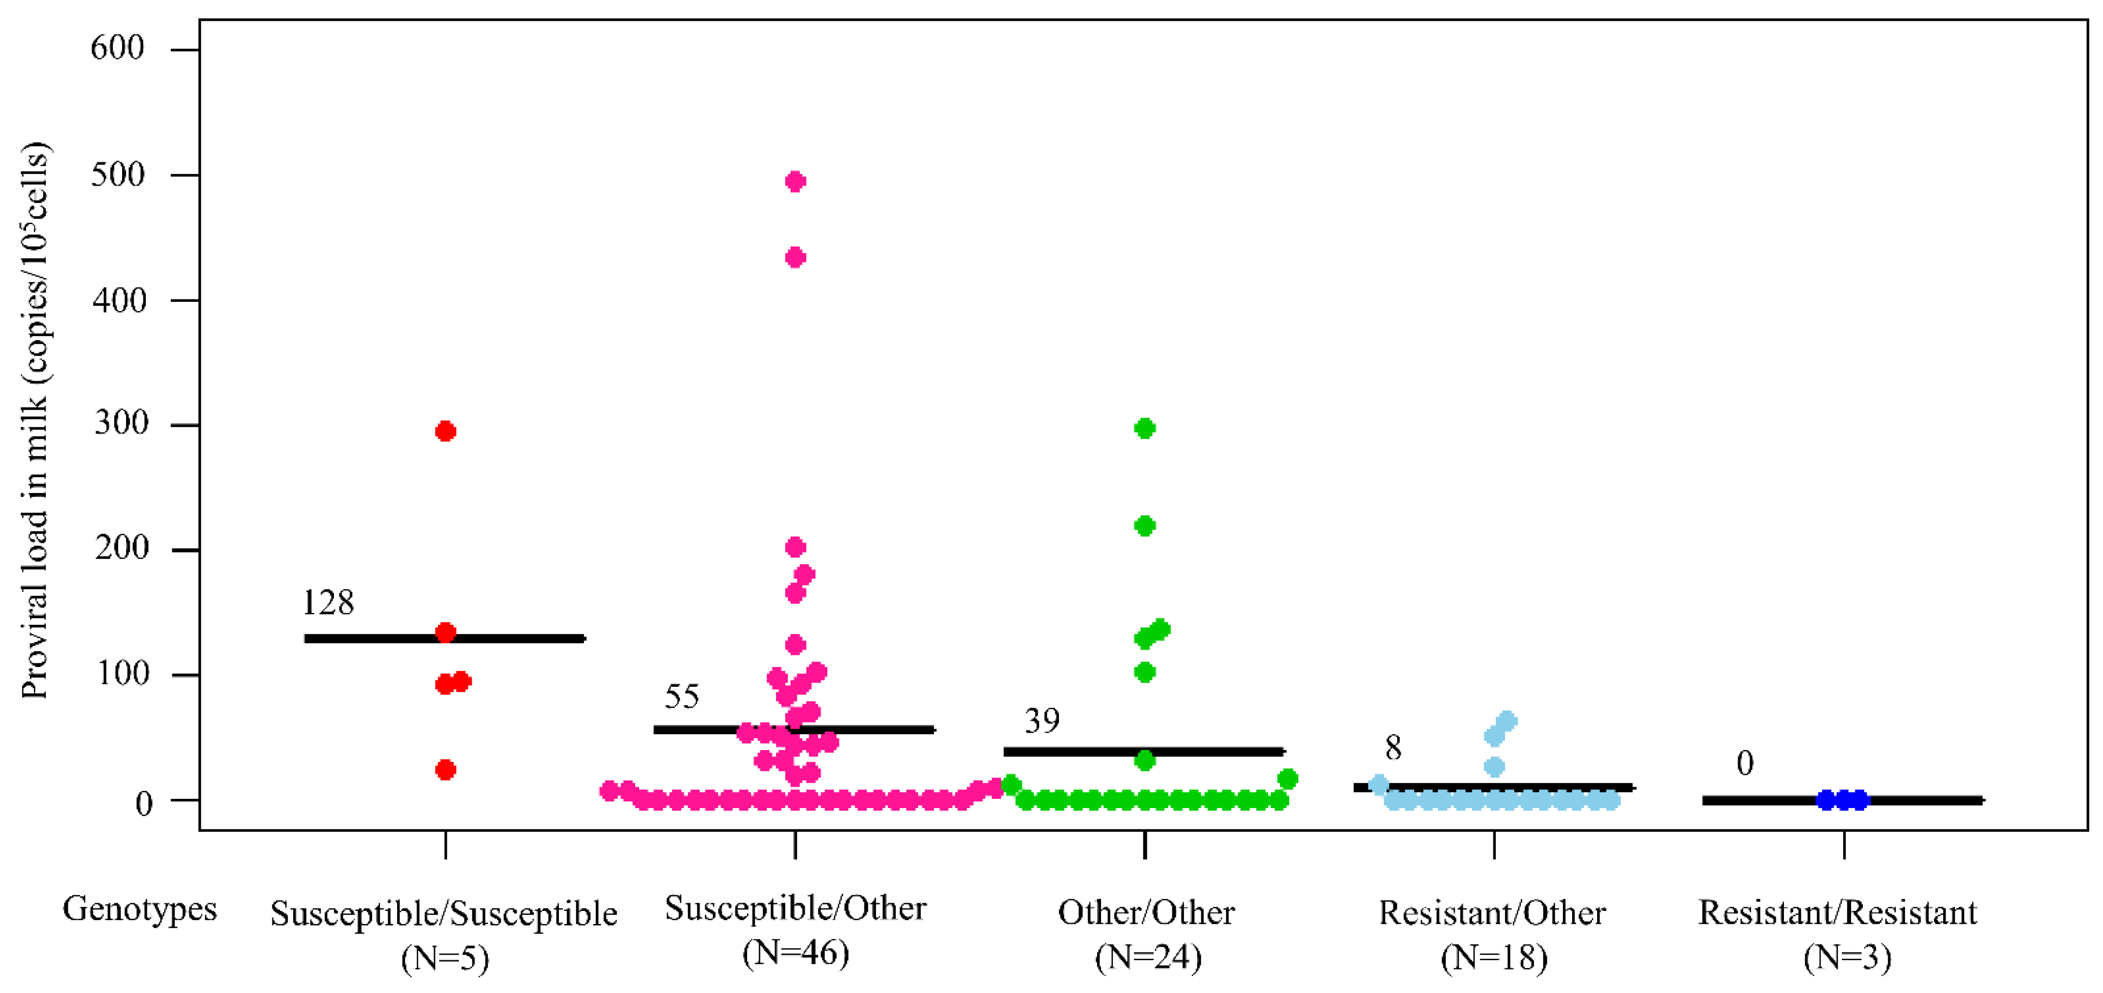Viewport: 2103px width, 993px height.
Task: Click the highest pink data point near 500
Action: coord(794,181)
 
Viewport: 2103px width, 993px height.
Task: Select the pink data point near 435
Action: coord(794,258)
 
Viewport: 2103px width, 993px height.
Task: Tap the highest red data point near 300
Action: coord(445,431)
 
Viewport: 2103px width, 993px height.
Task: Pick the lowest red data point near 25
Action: coord(445,769)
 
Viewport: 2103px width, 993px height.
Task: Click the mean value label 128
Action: coord(328,603)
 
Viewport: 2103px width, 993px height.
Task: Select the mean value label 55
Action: coord(682,696)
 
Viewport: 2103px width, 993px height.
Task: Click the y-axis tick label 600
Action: coord(118,48)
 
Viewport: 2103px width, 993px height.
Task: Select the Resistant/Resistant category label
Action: coord(1838,913)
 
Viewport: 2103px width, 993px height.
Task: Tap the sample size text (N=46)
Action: coord(795,952)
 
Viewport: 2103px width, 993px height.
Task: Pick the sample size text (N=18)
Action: coord(1493,957)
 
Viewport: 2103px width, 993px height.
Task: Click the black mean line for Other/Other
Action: coord(1143,752)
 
